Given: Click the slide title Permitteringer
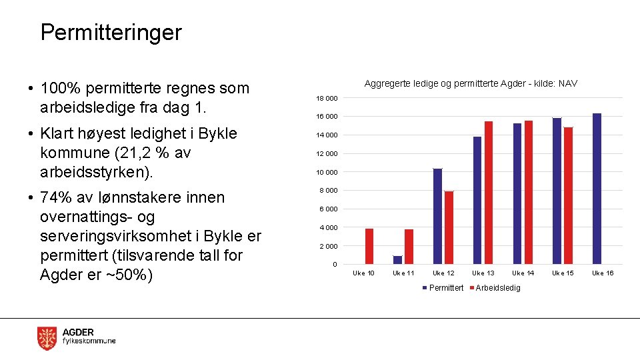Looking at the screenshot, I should tap(111, 32).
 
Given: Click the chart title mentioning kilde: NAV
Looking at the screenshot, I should tap(471, 83).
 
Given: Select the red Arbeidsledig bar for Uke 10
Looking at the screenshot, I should tap(369, 247).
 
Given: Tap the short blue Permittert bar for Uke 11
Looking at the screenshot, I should tap(398, 260).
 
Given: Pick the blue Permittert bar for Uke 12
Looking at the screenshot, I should tap(437, 217).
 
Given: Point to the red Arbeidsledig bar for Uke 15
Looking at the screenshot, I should tap(568, 196).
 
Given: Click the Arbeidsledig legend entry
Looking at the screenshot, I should tap(497, 287).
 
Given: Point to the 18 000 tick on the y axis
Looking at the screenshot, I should tap(327, 99).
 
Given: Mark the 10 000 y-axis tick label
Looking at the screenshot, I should tap(327, 172).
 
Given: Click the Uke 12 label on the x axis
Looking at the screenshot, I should tap(443, 273).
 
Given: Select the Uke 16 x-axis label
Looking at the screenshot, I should tap(603, 273).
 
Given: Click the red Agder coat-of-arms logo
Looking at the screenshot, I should tap(47, 338).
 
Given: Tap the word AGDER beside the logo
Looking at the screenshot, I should tap(78, 332).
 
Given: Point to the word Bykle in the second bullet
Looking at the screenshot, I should tap(216, 133).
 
